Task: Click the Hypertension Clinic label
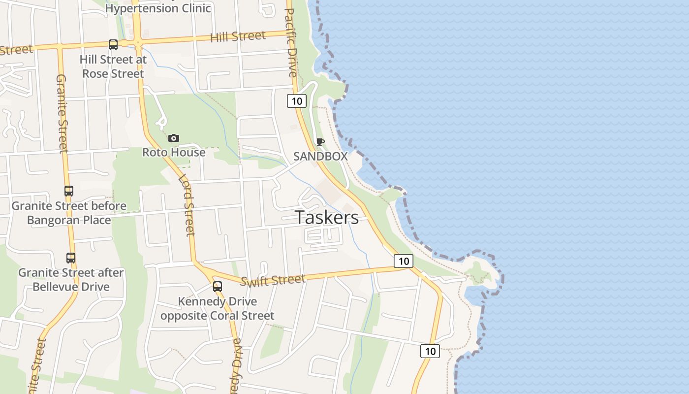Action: (x=158, y=8)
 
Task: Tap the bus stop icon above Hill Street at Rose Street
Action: (x=113, y=45)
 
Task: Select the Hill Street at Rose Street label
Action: (x=113, y=66)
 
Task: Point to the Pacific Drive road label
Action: (x=290, y=42)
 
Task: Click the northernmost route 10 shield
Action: (x=297, y=101)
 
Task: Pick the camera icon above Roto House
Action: (x=174, y=138)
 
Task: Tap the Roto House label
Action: (x=174, y=152)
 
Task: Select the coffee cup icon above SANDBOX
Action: (x=320, y=142)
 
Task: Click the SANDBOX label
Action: (x=320, y=157)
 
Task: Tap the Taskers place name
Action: (x=327, y=218)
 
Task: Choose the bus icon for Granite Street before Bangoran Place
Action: (x=69, y=191)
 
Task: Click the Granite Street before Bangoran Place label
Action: (x=69, y=213)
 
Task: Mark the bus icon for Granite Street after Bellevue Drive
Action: (x=71, y=258)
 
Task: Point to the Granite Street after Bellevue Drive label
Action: (x=71, y=279)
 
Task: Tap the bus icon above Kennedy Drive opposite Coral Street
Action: (x=218, y=287)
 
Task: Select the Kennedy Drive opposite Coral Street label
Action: (x=218, y=308)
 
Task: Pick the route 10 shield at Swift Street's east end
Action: (x=404, y=261)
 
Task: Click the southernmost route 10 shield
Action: (x=430, y=351)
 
